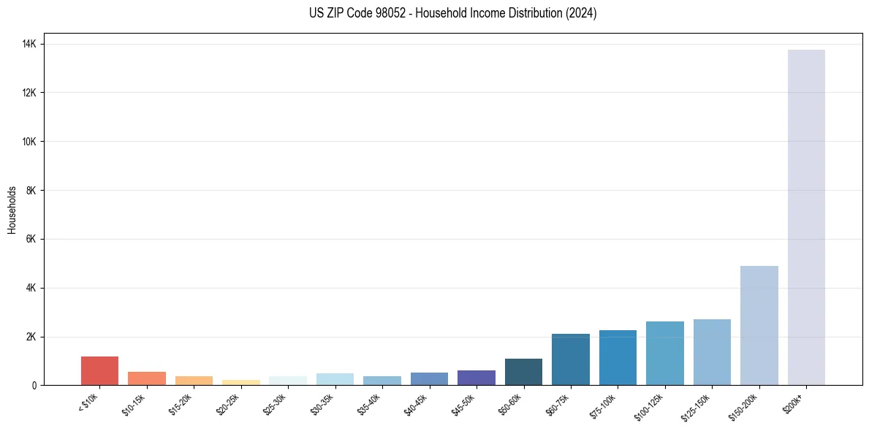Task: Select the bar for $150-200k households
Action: (759, 325)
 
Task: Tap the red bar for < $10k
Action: (99, 370)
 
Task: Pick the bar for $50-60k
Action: (523, 372)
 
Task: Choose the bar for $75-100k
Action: (618, 357)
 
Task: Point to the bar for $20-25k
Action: (241, 382)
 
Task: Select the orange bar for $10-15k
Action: (147, 378)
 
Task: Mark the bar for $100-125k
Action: (664, 353)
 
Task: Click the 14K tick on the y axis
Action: (30, 45)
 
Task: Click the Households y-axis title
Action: (12, 210)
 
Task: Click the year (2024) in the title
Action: (581, 13)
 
